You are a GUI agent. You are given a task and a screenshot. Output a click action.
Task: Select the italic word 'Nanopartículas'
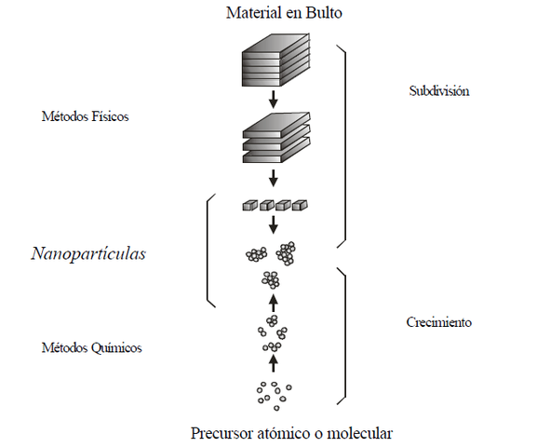coord(89,254)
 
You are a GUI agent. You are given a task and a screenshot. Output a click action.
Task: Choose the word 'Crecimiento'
coord(439,322)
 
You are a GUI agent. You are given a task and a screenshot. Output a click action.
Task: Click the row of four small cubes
coord(273,205)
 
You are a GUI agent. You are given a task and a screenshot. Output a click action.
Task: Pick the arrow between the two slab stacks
coord(273,99)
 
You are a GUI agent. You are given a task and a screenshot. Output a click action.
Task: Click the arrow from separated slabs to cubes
coord(273,178)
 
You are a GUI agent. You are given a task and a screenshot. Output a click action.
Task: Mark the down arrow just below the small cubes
coord(273,225)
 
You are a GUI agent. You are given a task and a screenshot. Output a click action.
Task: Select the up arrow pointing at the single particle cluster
coord(273,302)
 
